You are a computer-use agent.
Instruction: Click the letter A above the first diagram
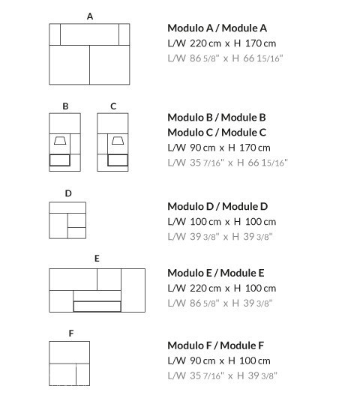[90, 16]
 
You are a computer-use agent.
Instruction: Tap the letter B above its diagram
[65, 106]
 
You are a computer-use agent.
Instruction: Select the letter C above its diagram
[113, 106]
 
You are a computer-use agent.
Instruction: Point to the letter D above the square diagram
[68, 193]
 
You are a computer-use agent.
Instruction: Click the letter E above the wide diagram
[97, 259]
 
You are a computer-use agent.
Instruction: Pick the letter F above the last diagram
[71, 333]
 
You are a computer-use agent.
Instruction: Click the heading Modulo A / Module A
[217, 28]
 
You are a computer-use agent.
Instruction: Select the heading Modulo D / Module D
[217, 206]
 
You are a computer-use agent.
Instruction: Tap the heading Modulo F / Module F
[216, 346]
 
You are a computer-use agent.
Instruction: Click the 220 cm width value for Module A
[205, 43]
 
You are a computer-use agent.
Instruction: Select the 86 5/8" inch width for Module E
[205, 303]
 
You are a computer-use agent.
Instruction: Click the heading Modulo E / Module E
[216, 273]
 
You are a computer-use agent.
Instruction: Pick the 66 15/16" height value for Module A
[263, 58]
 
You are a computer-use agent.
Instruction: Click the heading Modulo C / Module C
[217, 133]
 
